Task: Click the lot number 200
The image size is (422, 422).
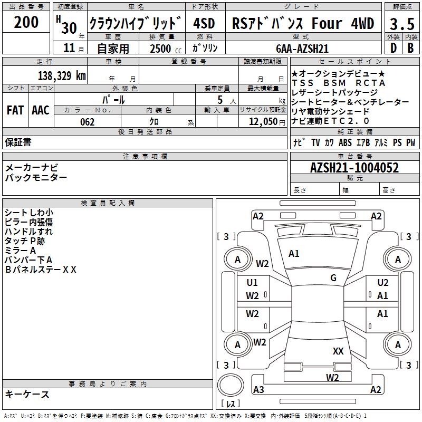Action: tap(26, 23)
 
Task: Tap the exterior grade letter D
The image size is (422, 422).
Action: tap(393, 47)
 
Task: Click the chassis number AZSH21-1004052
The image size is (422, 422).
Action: tap(354, 168)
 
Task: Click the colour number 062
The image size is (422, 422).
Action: tap(87, 122)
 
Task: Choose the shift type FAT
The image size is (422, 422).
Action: tap(15, 110)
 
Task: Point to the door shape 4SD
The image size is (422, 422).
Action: tap(205, 24)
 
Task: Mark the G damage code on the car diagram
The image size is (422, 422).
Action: tap(333, 278)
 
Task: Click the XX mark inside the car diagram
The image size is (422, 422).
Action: tap(338, 351)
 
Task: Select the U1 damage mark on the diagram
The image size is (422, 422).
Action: tap(252, 283)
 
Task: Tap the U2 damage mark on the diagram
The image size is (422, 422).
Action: tap(383, 283)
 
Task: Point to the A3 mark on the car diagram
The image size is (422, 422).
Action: tap(258, 390)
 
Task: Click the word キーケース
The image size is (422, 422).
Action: tap(27, 394)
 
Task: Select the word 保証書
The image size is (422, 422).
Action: tap(18, 142)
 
